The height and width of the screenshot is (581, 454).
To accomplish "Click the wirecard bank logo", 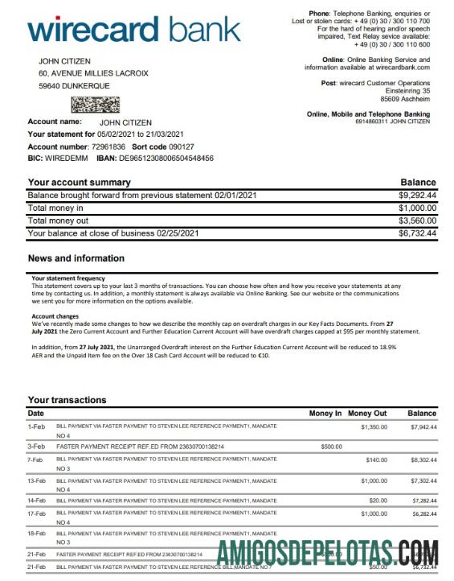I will tap(133, 30).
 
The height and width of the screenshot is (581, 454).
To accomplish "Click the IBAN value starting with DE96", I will tap(167, 159).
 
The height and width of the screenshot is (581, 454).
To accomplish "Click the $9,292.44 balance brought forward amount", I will tap(417, 195).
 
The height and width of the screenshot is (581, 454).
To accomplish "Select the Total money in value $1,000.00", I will tap(417, 208).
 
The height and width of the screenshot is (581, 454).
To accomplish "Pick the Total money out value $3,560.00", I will tap(417, 220).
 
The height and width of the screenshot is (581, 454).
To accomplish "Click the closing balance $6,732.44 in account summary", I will tap(417, 233).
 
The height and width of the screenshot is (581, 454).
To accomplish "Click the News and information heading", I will tap(76, 258).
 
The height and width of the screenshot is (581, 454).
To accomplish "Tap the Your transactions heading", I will tap(67, 400).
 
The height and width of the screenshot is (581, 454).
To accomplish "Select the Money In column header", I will tap(325, 413).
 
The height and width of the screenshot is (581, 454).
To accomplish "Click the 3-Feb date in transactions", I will tap(37, 445).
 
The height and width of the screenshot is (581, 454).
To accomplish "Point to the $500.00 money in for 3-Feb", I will tap(331, 445).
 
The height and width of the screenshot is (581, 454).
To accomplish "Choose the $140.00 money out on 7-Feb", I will tap(376, 459).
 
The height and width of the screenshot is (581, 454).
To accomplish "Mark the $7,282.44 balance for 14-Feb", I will tap(423, 500).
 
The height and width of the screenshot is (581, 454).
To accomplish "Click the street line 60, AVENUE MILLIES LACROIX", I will tap(93, 73).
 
